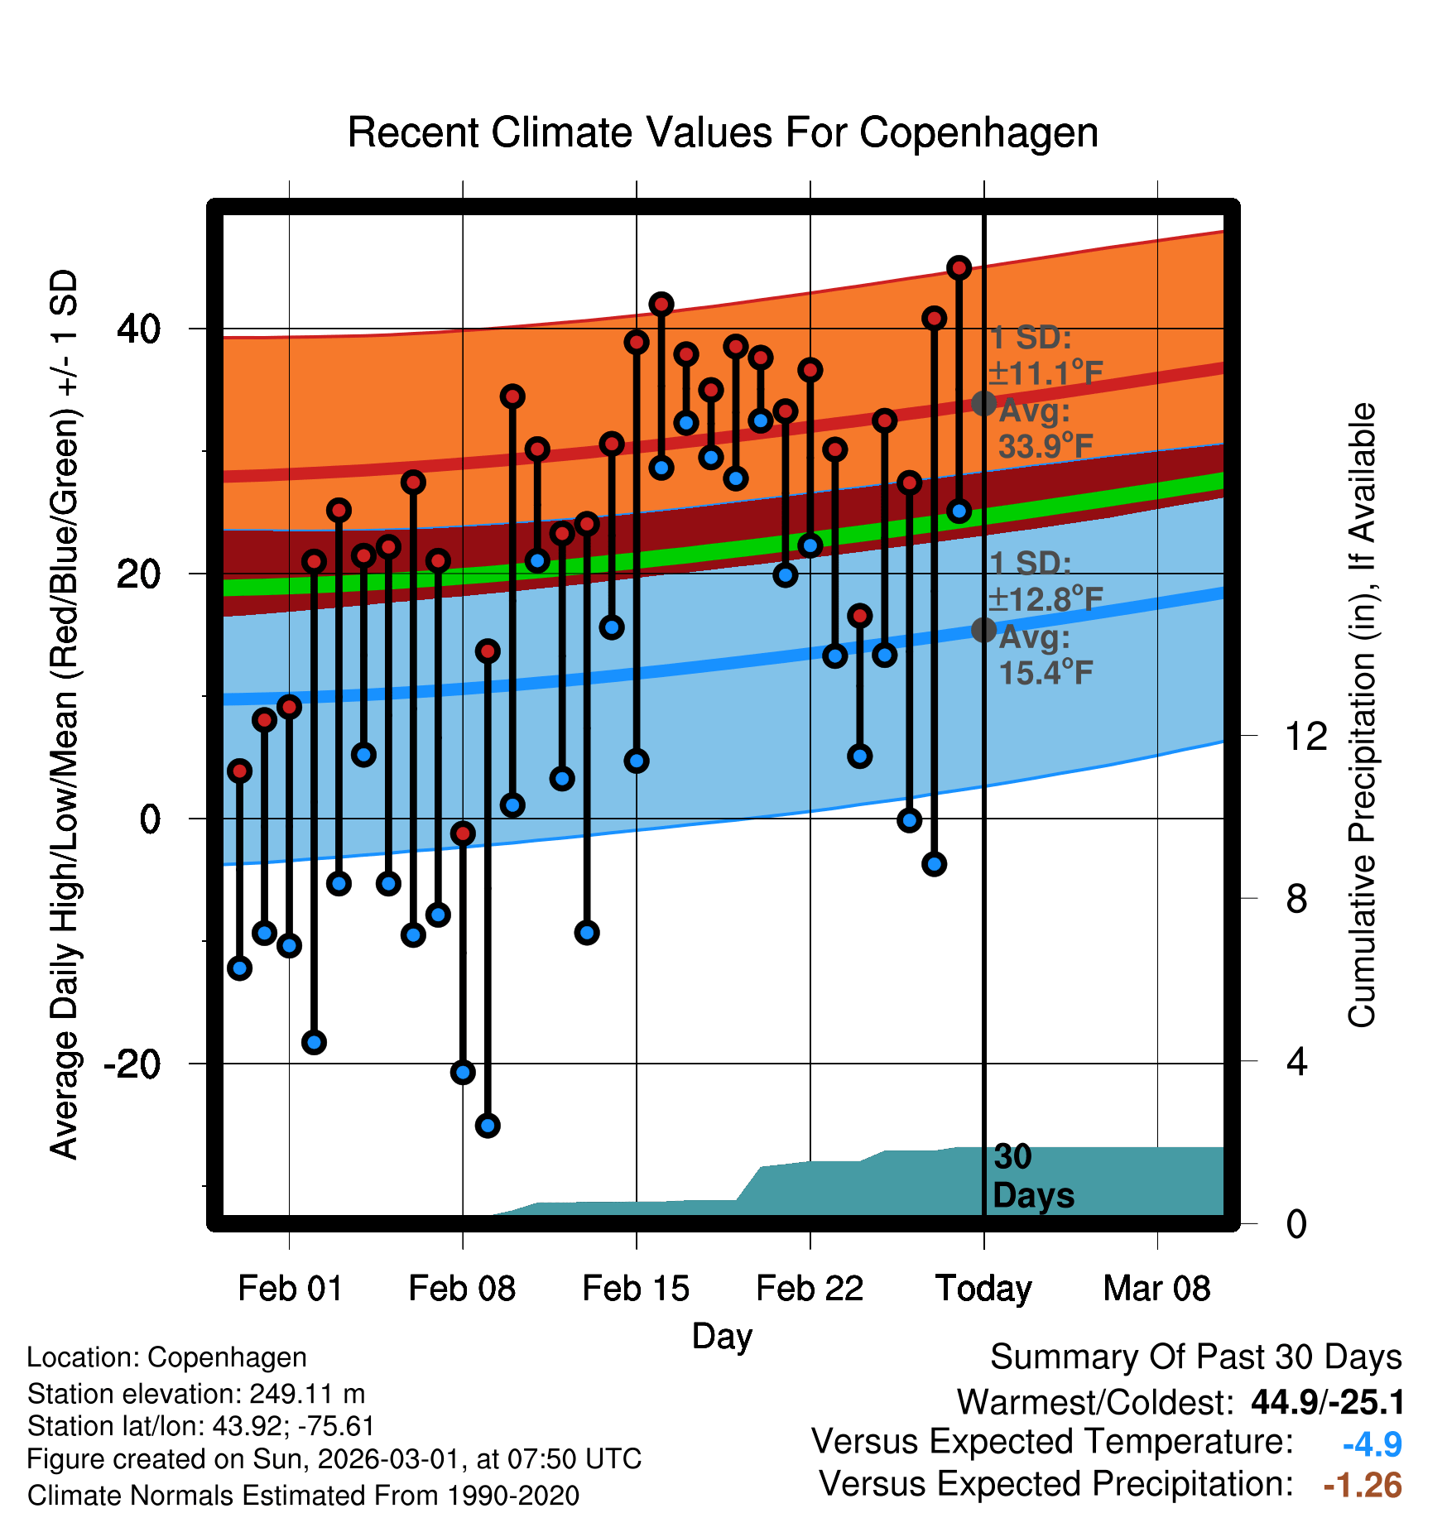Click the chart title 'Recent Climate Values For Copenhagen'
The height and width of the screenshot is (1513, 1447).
point(723,132)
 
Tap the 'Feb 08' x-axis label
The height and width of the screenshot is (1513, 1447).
point(462,1289)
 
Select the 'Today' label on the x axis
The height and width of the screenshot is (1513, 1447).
point(983,1289)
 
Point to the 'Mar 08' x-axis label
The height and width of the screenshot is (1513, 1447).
point(1156,1289)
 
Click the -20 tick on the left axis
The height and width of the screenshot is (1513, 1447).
point(132,1064)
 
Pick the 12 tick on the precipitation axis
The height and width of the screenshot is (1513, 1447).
point(1305,736)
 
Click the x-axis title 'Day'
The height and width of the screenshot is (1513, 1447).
point(722,1336)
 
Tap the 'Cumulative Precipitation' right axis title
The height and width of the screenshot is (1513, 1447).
point(1362,715)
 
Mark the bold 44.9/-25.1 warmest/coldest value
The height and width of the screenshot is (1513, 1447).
point(1327,1402)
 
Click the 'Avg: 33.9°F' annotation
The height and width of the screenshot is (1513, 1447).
point(1045,429)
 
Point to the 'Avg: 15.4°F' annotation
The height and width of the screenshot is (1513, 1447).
point(1045,655)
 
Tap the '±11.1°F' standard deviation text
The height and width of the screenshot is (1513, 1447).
point(1046,373)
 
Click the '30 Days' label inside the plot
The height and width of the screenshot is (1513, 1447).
point(1032,1176)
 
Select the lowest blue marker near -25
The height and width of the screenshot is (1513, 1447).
point(488,1126)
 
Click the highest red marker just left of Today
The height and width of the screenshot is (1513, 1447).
point(959,267)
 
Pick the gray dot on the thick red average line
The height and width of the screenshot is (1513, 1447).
point(983,404)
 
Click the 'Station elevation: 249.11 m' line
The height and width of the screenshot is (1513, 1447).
point(196,1394)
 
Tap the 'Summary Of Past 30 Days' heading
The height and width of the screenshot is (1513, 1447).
point(1195,1357)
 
